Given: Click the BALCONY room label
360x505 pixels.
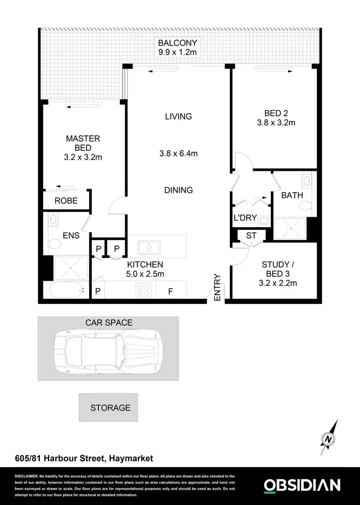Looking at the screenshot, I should click(x=178, y=42).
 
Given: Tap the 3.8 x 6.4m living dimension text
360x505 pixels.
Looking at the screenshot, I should click(x=179, y=154).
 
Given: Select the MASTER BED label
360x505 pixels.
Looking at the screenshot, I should click(x=83, y=143).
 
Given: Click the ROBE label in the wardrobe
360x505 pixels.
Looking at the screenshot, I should click(x=66, y=201).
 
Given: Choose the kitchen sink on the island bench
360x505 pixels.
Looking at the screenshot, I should click(x=149, y=248).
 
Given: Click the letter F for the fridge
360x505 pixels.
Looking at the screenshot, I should click(x=170, y=291).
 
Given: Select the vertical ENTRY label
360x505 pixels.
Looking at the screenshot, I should click(x=217, y=287).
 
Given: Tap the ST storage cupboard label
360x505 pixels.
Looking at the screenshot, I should click(x=251, y=235).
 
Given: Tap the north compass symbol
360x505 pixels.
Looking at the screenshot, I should click(x=329, y=437).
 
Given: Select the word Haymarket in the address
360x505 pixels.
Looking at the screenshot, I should click(x=130, y=458).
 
